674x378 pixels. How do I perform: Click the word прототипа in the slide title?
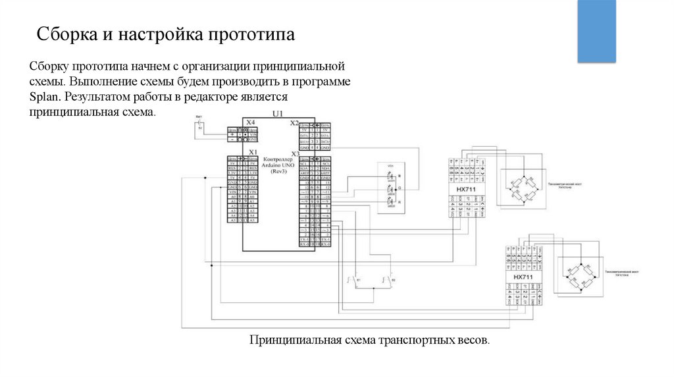pos(252,34)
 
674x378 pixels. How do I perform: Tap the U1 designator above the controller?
pos(276,114)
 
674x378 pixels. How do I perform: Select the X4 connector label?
pos(250,122)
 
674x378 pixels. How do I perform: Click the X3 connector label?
pos(294,153)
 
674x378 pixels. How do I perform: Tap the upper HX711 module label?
pos(466,190)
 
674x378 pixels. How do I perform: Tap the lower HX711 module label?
pos(523,278)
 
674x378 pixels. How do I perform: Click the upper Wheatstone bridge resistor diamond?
pos(521,186)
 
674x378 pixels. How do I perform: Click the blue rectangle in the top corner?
pos(597,31)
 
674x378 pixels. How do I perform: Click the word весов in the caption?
pos(473,340)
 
